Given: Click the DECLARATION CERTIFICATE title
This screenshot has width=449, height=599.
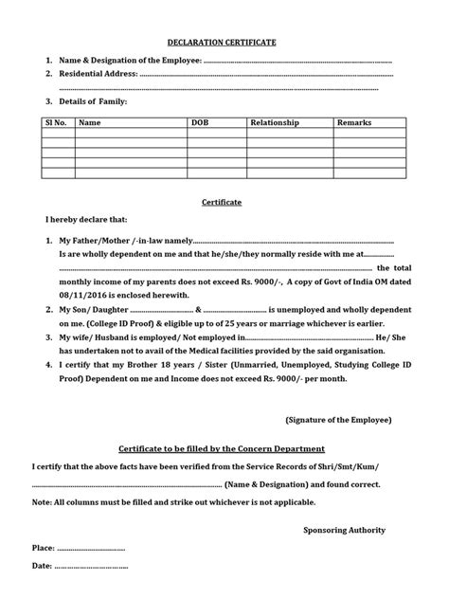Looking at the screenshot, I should click(x=224, y=43).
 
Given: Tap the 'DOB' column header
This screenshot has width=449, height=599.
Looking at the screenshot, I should click(x=200, y=123).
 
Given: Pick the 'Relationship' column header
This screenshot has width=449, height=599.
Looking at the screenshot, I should click(x=274, y=123).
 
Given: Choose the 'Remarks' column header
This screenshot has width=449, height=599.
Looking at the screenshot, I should click(x=354, y=123).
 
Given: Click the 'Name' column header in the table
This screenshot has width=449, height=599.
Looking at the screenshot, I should click(x=90, y=123).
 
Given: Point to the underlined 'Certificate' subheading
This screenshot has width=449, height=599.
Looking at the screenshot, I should click(x=224, y=202).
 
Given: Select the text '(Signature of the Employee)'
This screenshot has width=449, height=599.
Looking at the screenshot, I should click(x=338, y=418).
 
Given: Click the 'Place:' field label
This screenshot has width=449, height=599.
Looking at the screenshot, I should click(x=44, y=548).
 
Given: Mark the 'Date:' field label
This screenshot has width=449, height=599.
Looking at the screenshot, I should click(x=43, y=567).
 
